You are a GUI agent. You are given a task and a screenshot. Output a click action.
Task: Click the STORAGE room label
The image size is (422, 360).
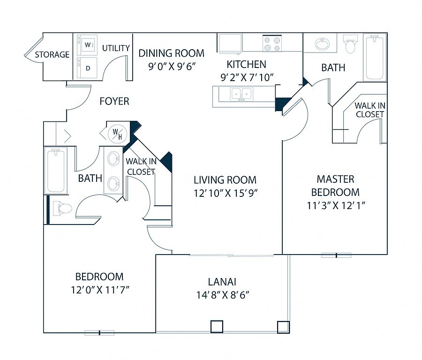click(52, 55)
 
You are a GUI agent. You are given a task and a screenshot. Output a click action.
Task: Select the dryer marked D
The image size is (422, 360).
click(87, 67)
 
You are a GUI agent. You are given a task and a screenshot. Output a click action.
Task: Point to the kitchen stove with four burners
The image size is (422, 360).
click(272, 44)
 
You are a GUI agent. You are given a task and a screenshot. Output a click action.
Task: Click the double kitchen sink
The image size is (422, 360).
click(241, 94)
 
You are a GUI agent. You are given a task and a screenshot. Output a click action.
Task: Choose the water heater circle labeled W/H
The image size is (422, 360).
click(117, 134)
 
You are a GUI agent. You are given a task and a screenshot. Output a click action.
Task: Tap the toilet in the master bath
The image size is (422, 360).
click(350, 44)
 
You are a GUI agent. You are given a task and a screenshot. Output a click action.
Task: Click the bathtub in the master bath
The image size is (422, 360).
click(375, 57)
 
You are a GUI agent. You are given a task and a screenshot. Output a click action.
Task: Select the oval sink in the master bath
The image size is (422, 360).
click(322, 44)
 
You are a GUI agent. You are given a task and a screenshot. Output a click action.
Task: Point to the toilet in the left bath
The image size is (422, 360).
click(62, 208)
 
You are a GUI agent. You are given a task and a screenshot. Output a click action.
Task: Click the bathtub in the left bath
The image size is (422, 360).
click(56, 170)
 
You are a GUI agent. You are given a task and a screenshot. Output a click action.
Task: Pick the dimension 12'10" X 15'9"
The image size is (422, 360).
click(226, 193)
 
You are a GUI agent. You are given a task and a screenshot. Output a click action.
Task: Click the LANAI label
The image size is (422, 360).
click(222, 282)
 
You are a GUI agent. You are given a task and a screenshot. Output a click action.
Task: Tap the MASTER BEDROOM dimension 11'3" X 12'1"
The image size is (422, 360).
click(336, 206)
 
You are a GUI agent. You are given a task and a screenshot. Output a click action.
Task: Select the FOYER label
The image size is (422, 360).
click(114, 101)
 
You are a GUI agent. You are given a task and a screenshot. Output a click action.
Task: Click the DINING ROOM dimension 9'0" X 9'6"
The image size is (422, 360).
click(172, 66)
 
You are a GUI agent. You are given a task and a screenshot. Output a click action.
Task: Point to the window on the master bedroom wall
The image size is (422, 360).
click(336, 255)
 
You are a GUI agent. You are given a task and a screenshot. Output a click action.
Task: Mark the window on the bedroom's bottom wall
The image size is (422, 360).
click(99, 333)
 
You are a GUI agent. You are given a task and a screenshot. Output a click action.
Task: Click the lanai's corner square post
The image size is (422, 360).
click(283, 327)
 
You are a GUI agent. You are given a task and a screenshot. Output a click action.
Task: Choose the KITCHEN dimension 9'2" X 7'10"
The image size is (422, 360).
click(247, 77)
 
